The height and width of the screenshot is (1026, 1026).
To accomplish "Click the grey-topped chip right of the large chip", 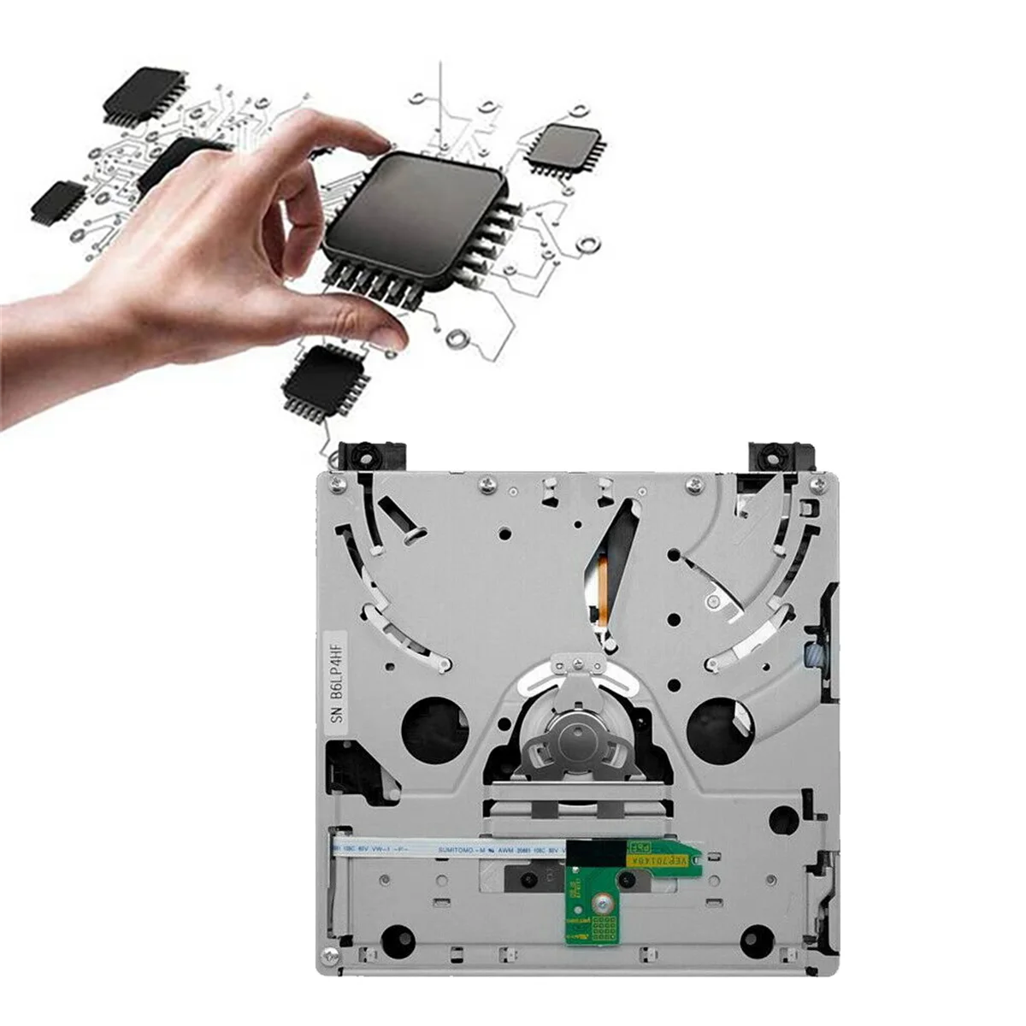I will point(564,145).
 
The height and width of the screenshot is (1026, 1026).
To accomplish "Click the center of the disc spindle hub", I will point(566,733).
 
